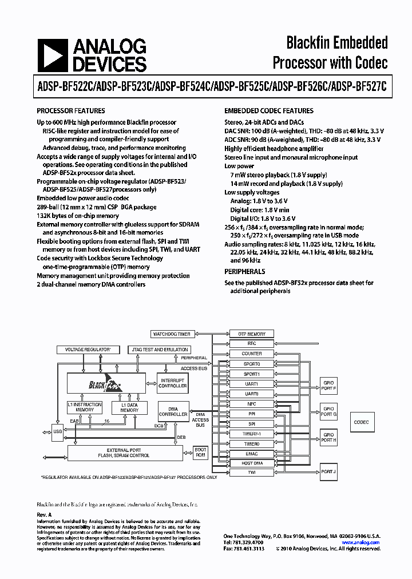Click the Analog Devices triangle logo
coord(50,55)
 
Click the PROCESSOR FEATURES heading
coord(71,111)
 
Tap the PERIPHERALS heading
coord(244,272)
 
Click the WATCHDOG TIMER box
coord(172,334)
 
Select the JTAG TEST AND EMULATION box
coord(160,349)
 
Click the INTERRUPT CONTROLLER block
coord(173,383)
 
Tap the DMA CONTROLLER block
coord(173,411)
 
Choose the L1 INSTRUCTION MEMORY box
coord(85,407)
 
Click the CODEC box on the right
coord(361,422)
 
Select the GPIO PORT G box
coord(328,410)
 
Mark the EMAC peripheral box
coord(252,454)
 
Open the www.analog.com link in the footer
coord(362,542)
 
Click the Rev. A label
coord(44,515)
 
